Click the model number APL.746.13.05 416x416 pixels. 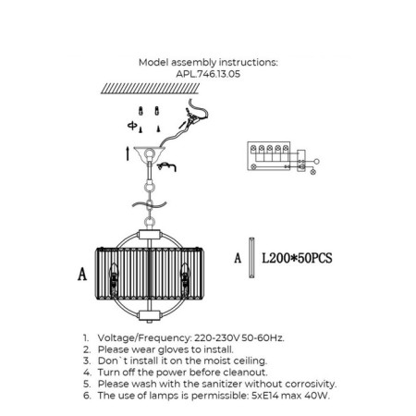click(208, 74)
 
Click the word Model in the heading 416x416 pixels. click(153, 62)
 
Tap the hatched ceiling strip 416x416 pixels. click(150, 88)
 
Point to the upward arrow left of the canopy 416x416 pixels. click(128, 153)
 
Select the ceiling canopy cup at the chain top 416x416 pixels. click(150, 154)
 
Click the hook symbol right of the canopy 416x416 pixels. click(166, 166)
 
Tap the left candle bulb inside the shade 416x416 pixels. click(114, 279)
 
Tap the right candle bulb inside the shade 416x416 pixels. click(185, 279)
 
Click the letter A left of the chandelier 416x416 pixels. click(82, 274)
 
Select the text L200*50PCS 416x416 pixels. click(297, 258)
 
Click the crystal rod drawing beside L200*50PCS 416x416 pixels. click(251, 258)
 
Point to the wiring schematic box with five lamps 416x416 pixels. click(269, 156)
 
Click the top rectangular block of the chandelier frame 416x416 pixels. click(150, 235)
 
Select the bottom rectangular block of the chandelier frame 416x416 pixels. click(150, 315)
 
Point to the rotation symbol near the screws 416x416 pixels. click(132, 126)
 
